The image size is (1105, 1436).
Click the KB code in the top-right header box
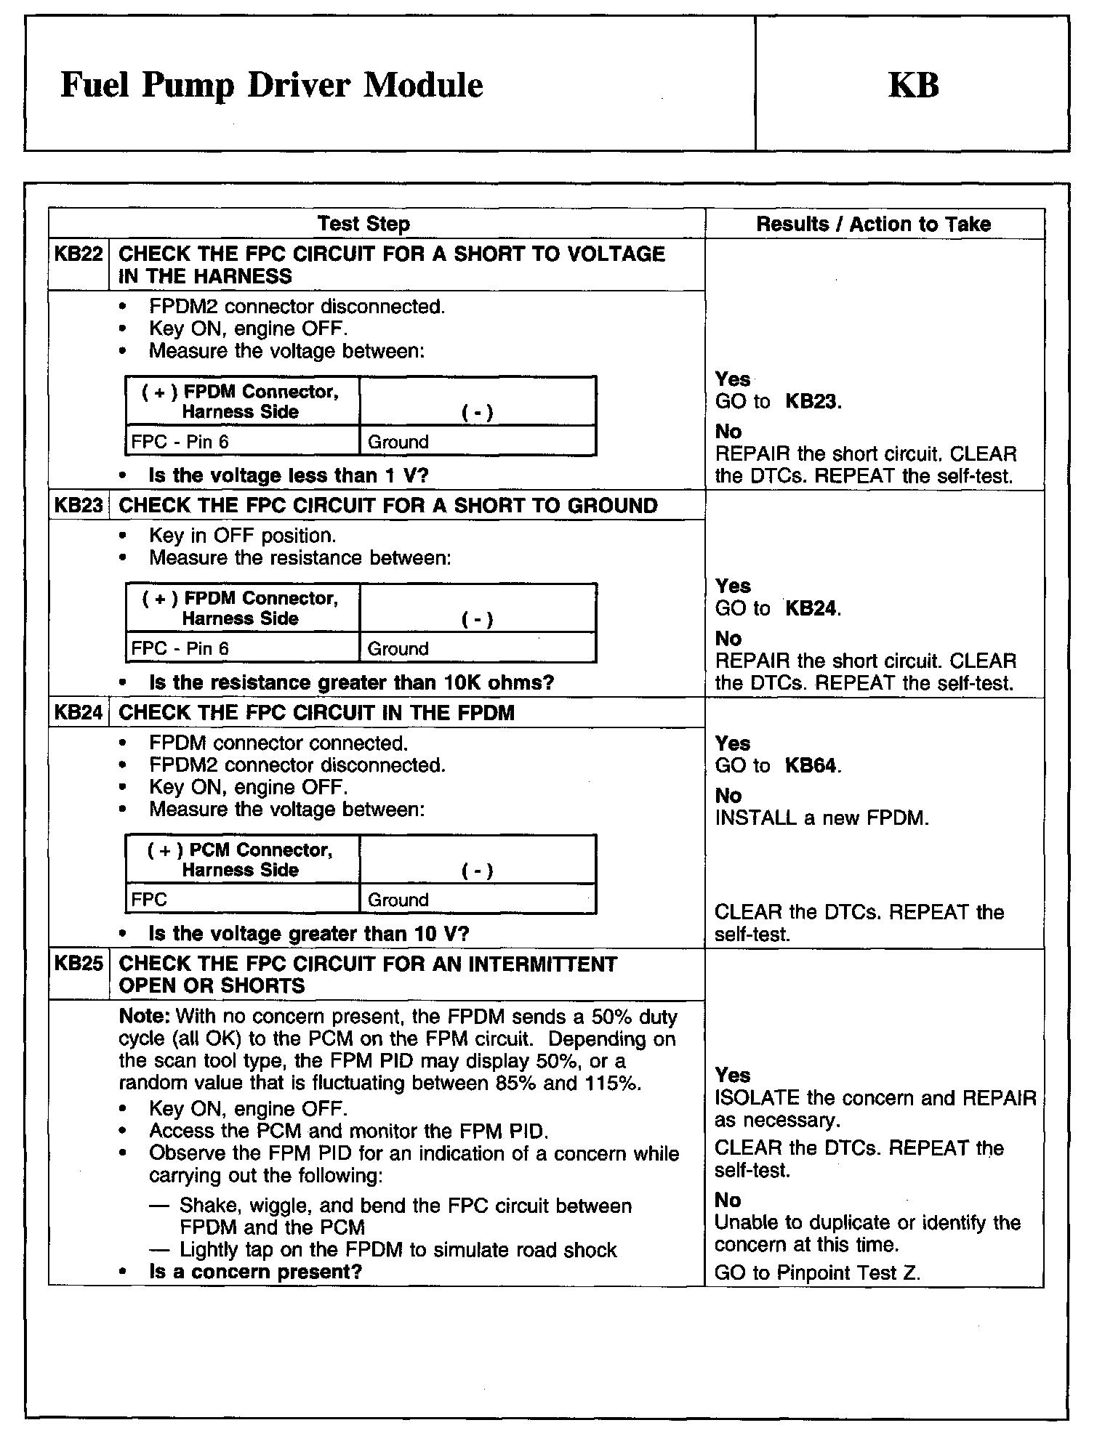click(x=913, y=84)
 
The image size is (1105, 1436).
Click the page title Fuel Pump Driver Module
click(x=272, y=85)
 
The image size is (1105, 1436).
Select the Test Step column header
click(x=363, y=224)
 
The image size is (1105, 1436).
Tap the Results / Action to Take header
click(x=873, y=224)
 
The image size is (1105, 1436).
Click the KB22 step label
click(x=79, y=254)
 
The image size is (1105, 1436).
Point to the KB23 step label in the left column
click(x=79, y=506)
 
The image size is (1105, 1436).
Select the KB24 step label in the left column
click(x=79, y=713)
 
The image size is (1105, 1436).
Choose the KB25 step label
click(x=79, y=964)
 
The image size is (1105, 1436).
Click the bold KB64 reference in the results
click(x=811, y=766)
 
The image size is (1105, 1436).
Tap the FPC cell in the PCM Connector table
click(x=149, y=900)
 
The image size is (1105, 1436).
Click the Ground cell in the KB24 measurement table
click(x=398, y=900)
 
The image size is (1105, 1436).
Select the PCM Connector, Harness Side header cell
click(x=241, y=860)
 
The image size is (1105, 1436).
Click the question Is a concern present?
click(x=255, y=1272)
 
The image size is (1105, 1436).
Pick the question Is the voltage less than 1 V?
click(x=289, y=476)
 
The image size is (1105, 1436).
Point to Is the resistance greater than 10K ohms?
click(x=351, y=683)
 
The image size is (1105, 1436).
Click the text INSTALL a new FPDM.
click(x=821, y=818)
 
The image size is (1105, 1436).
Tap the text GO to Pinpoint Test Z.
click(x=817, y=1272)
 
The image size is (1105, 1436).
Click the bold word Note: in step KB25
click(x=144, y=1017)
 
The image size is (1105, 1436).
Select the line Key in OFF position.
click(x=242, y=536)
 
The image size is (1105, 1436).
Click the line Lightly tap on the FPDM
click(x=398, y=1250)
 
